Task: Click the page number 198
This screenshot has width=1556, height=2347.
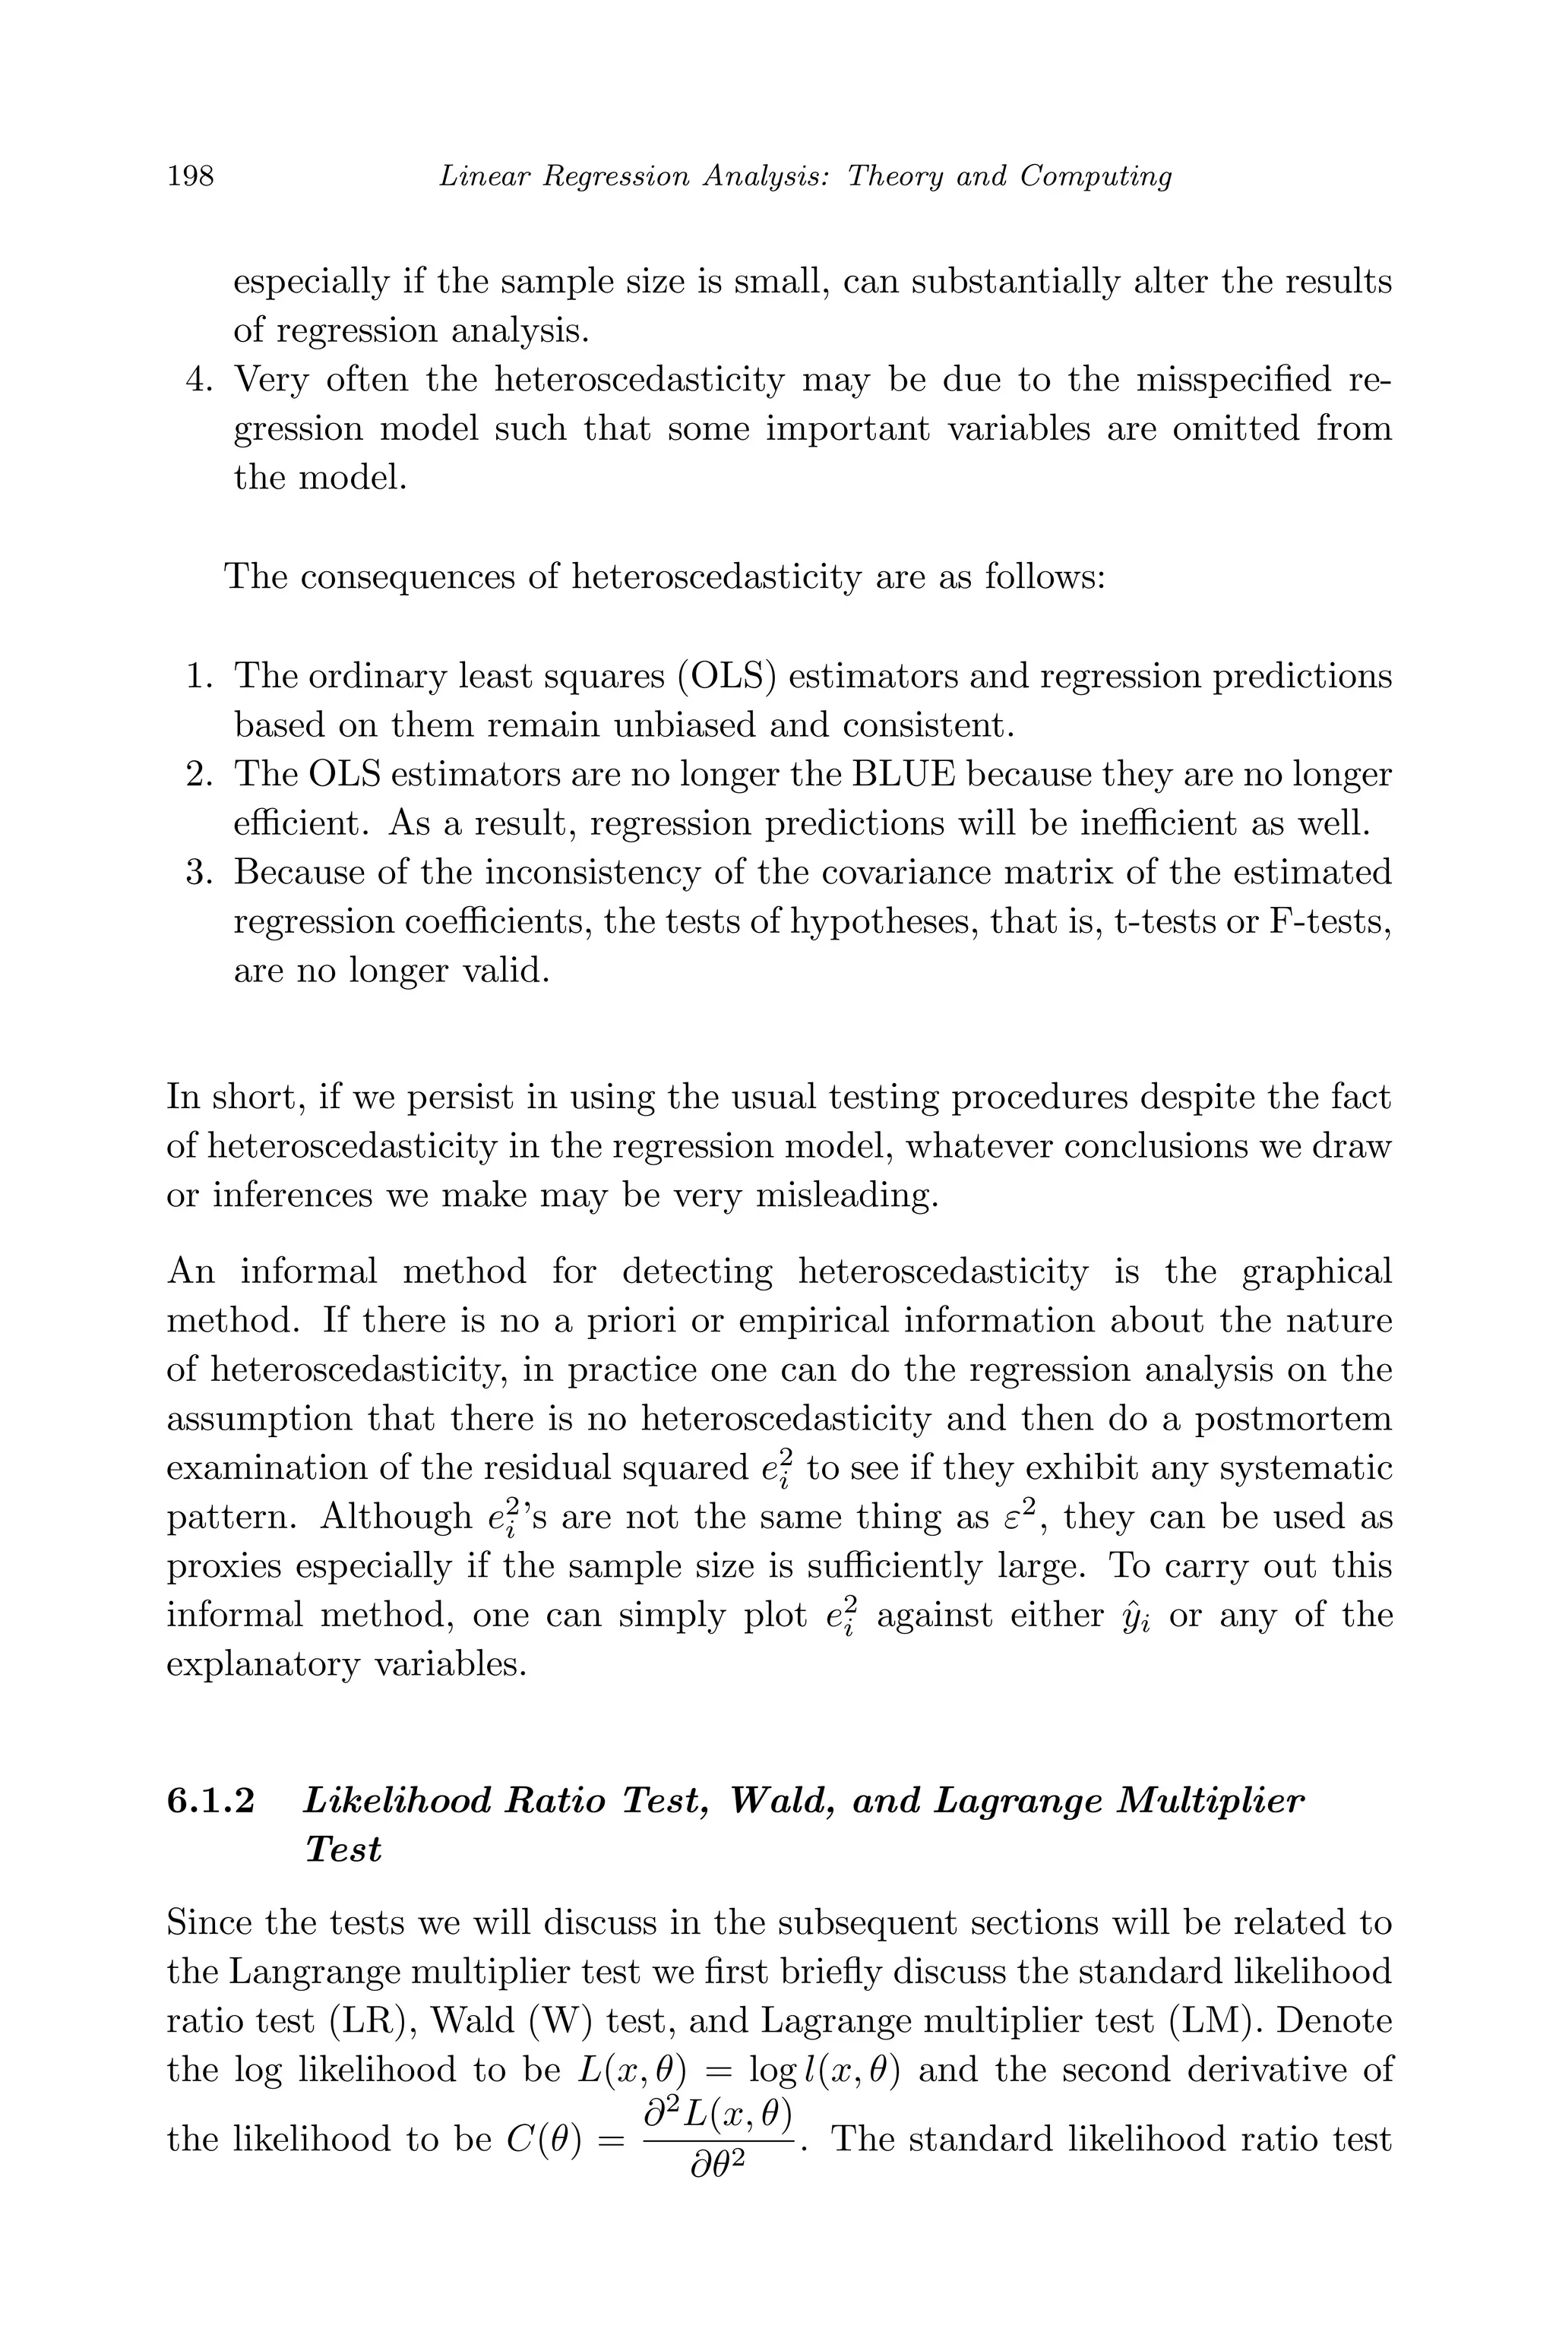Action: click(x=191, y=176)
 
